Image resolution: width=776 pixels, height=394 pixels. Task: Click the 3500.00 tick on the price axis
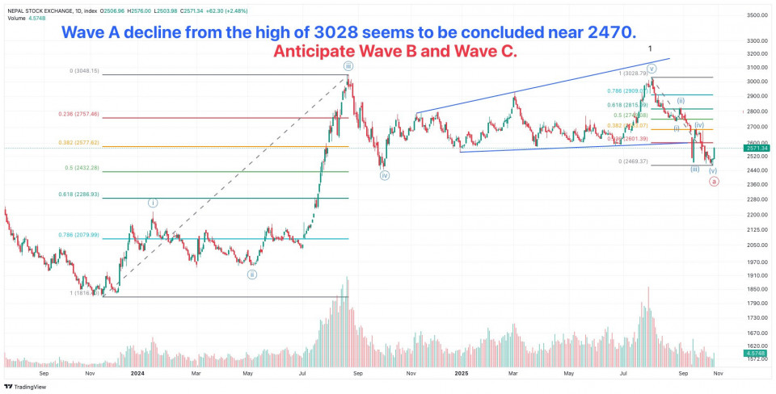pos(757,15)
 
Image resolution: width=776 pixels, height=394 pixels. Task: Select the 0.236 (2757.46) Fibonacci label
pos(79,114)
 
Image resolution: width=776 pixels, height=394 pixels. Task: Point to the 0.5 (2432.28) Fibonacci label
pos(82,168)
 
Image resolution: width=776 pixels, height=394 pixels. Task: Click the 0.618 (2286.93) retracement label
pos(79,195)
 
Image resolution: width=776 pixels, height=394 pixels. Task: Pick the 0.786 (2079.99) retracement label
pos(79,235)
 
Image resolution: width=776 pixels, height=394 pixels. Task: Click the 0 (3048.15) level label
pos(84,71)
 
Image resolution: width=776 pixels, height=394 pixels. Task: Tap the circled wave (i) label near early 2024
pos(153,202)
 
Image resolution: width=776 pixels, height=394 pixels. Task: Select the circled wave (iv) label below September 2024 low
pos(385,175)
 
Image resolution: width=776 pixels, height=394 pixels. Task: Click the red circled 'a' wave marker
pos(713,182)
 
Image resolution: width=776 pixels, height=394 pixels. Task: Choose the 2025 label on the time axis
pos(462,374)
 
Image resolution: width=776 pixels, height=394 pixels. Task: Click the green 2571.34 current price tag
pos(758,149)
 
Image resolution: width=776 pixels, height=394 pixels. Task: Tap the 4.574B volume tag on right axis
pos(758,354)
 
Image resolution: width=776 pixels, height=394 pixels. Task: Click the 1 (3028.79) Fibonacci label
pos(629,73)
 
